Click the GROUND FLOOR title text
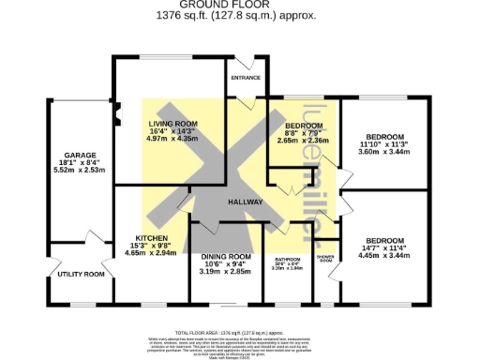tap(240, 6)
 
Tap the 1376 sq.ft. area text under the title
tap(240, 16)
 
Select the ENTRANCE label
tap(247, 79)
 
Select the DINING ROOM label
tap(226, 256)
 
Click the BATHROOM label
tap(288, 259)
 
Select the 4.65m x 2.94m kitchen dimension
tap(151, 253)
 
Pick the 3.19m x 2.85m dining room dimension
tap(226, 272)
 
